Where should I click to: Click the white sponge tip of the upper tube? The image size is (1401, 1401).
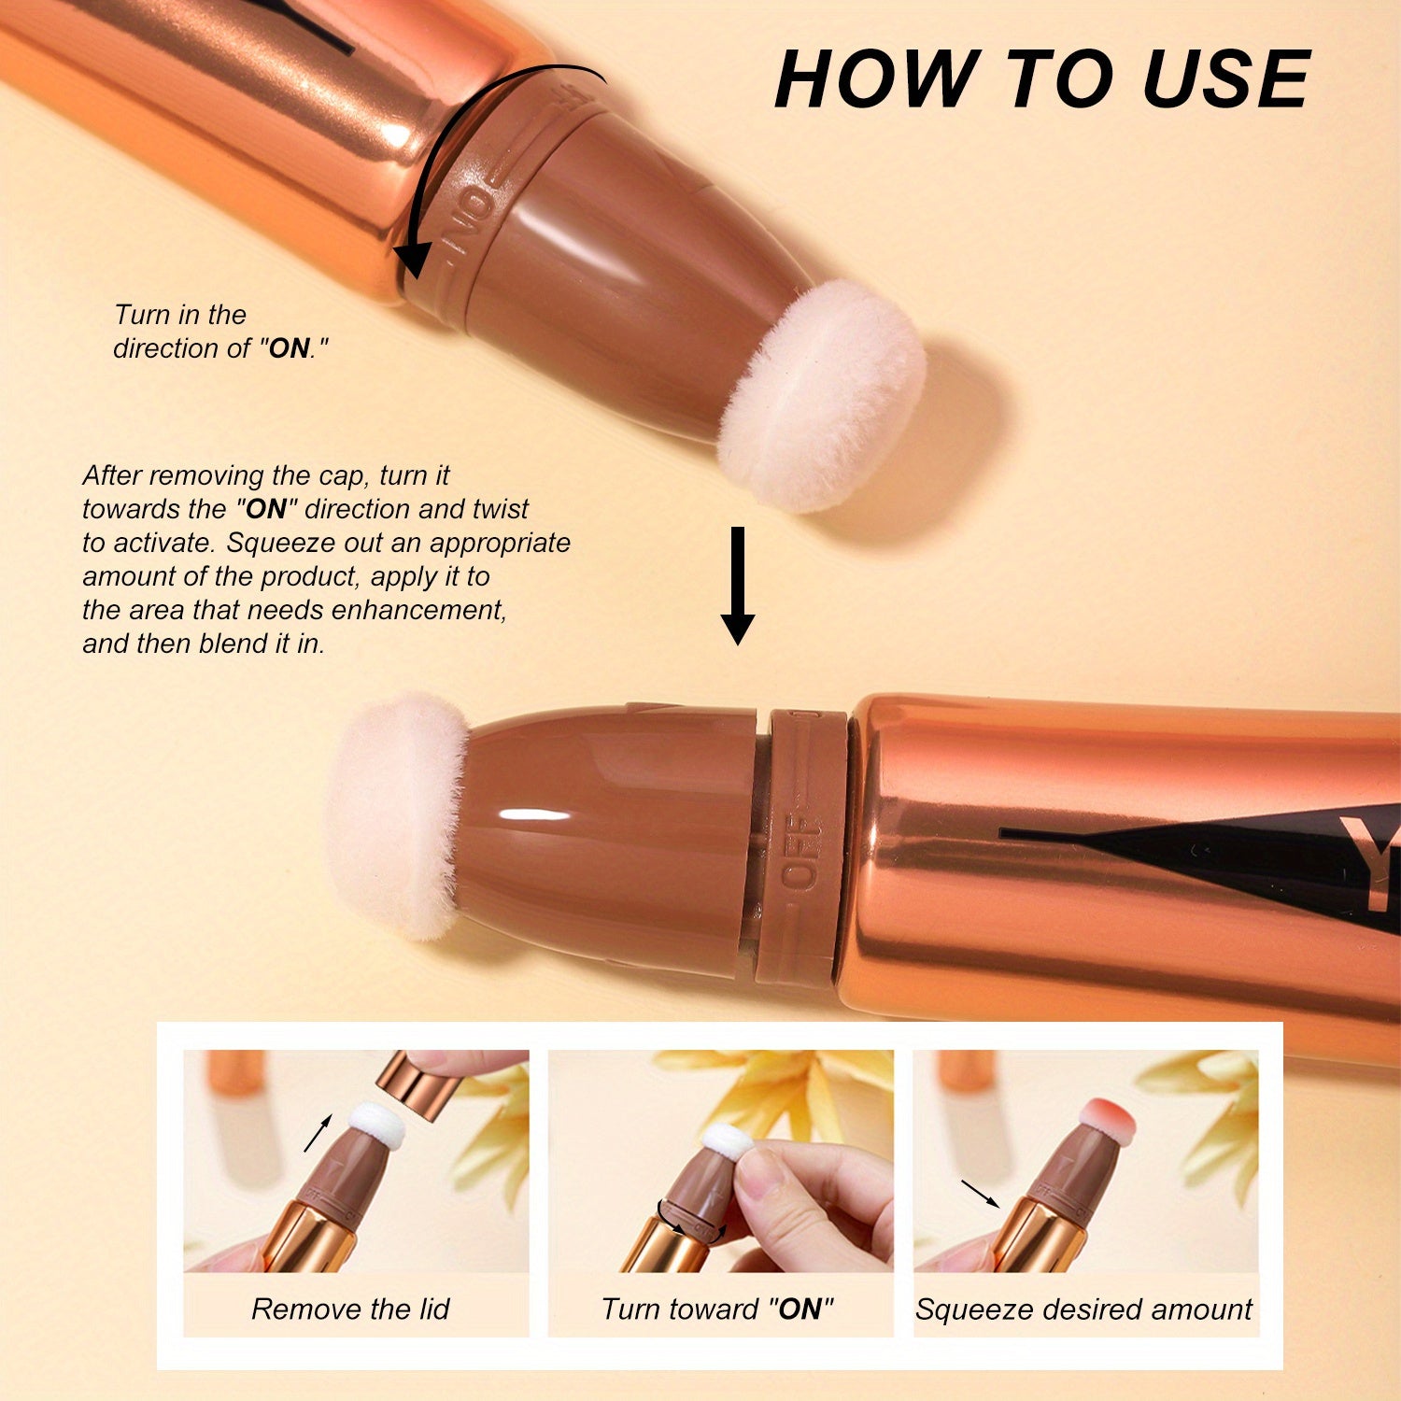[822, 397]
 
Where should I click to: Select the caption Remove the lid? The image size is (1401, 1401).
[350, 1309]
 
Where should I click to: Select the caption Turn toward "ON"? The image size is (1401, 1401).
[717, 1309]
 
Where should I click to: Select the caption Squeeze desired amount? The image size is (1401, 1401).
[1083, 1309]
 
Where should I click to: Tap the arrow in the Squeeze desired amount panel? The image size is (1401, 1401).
[980, 1193]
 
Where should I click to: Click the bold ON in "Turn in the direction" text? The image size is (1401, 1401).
[289, 348]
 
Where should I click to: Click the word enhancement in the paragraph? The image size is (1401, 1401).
[417, 610]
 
